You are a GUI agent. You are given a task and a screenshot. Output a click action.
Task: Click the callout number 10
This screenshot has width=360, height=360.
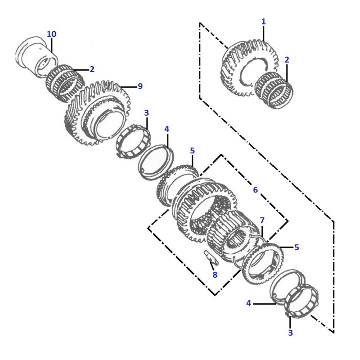point(51,34)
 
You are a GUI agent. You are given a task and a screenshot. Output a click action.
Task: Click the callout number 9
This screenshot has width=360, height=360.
point(140,86)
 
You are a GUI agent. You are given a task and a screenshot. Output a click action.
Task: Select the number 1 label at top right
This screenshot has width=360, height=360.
point(264,22)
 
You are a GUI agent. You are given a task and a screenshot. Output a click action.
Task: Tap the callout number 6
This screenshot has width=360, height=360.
point(255,189)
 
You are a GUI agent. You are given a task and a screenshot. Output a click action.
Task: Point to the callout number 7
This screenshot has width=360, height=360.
point(262,220)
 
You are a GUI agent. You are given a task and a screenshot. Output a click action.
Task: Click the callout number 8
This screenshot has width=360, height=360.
point(215,274)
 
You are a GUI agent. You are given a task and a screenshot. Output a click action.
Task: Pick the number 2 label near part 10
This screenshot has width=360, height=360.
point(92,69)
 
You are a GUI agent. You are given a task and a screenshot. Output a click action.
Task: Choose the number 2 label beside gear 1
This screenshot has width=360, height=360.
point(287,60)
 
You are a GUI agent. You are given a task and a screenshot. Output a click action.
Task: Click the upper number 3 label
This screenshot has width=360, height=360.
point(147,113)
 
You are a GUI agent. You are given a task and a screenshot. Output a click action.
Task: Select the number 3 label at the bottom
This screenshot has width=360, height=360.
point(290,333)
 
